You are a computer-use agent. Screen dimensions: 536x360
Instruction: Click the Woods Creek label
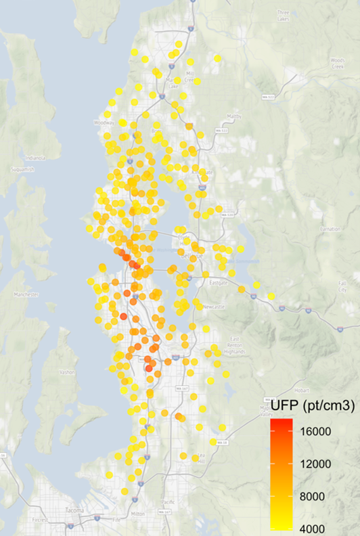click(338, 62)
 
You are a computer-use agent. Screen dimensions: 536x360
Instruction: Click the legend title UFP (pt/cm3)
click(309, 406)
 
